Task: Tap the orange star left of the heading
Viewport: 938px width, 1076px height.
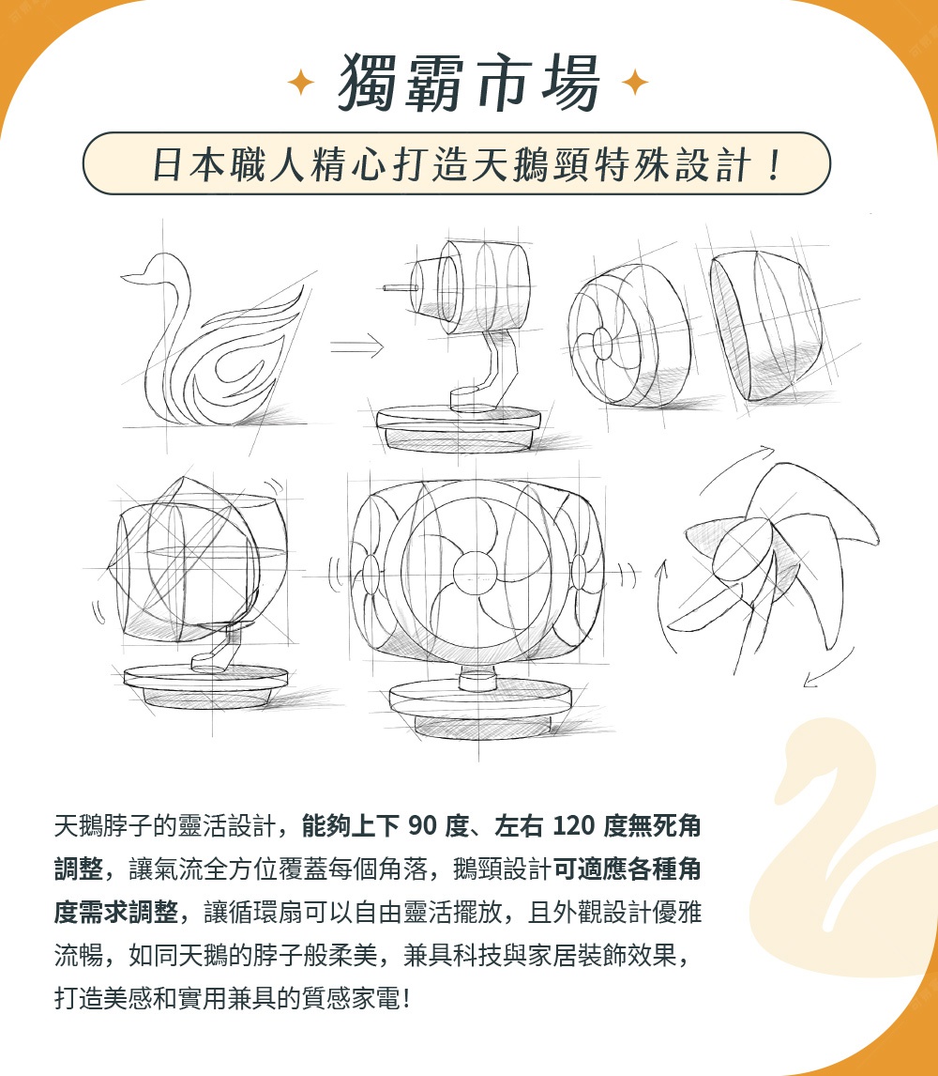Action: [300, 84]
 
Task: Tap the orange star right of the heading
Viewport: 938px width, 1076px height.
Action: [635, 84]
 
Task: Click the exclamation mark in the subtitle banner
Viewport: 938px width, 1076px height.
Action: [773, 164]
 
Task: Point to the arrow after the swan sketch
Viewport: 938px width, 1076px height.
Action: [357, 348]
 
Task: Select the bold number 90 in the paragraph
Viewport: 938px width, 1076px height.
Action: [425, 826]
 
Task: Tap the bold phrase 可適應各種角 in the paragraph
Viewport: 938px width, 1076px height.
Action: [626, 868]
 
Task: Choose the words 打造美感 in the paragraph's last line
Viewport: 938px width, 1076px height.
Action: [109, 996]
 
